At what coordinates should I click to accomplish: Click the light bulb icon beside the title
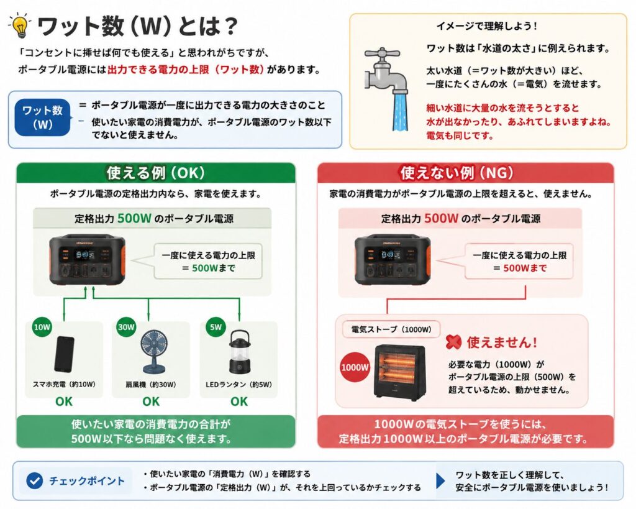pyautogui.click(x=19, y=25)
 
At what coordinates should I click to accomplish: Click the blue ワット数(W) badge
pyautogui.click(x=42, y=117)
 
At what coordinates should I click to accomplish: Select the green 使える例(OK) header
pyautogui.click(x=156, y=173)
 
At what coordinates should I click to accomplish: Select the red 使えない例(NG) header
pyautogui.click(x=465, y=173)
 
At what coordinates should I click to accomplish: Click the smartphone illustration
pyautogui.click(x=65, y=354)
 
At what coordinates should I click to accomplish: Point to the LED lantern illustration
pyautogui.click(x=239, y=352)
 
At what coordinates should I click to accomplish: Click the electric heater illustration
pyautogui.click(x=399, y=371)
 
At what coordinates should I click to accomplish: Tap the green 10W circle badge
pyautogui.click(x=42, y=327)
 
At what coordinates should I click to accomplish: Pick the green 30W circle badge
pyautogui.click(x=126, y=327)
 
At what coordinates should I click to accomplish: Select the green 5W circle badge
pyautogui.click(x=216, y=327)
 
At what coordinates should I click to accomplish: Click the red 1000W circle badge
pyautogui.click(x=355, y=368)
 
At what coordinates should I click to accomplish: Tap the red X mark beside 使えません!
pyautogui.click(x=453, y=342)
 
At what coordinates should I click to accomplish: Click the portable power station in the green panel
pyautogui.click(x=87, y=260)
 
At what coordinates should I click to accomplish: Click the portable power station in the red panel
pyautogui.click(x=393, y=260)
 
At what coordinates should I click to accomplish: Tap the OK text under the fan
pyautogui.click(x=151, y=401)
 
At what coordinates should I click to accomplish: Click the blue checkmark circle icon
pyautogui.click(x=35, y=481)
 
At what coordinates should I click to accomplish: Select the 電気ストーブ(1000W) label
pyautogui.click(x=391, y=329)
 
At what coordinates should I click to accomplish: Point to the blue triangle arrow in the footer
pyautogui.click(x=440, y=480)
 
